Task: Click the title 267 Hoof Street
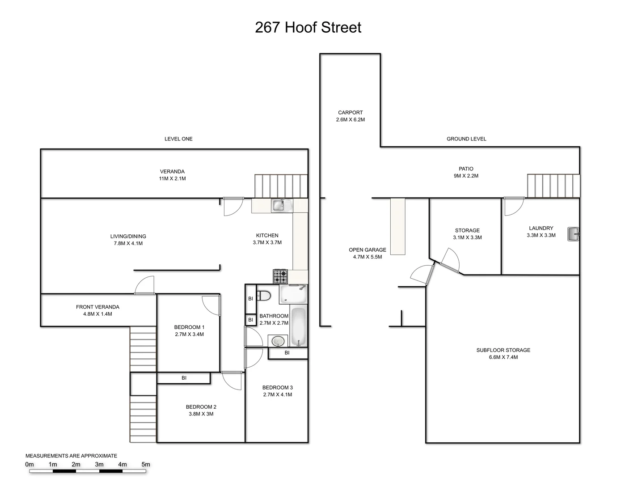coord(308,27)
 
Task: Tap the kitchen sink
coord(279,205)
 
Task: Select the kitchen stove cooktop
coord(280,276)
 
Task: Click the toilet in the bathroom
coord(265,296)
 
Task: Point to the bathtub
coord(299,326)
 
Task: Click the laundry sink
coord(573,234)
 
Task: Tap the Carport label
coord(350,113)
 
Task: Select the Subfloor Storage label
coord(503,350)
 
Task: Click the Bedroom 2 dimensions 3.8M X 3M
coord(201,414)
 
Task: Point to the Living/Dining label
coord(128,236)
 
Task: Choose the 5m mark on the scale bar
coord(146,465)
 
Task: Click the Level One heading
coord(178,139)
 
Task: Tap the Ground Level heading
coord(466,139)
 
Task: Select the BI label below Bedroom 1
coord(184,378)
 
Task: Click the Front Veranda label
coord(97,307)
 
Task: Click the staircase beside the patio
coord(553,186)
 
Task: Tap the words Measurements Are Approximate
coord(71,456)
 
